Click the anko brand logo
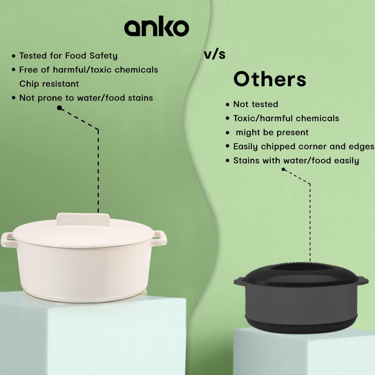click(157, 26)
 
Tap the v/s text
click(215, 54)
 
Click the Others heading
click(270, 79)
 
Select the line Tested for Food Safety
click(68, 56)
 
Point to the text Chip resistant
click(49, 84)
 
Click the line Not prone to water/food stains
click(86, 98)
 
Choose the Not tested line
click(256, 104)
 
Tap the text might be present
click(272, 132)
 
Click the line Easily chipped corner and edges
click(304, 146)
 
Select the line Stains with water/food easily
click(296, 160)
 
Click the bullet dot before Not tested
click(228, 105)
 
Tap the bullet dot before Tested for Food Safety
click(13, 56)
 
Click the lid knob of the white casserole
click(83, 219)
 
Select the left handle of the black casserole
click(240, 281)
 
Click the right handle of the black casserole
click(363, 280)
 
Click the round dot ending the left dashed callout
click(60, 108)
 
